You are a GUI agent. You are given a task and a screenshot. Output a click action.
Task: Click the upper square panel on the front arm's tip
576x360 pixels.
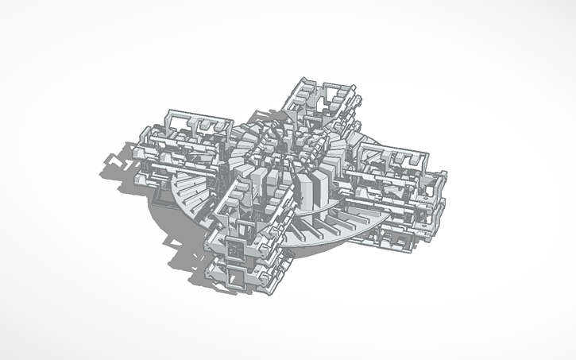(x=235, y=250)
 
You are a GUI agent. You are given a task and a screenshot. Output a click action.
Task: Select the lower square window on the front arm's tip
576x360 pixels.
(x=236, y=276)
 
